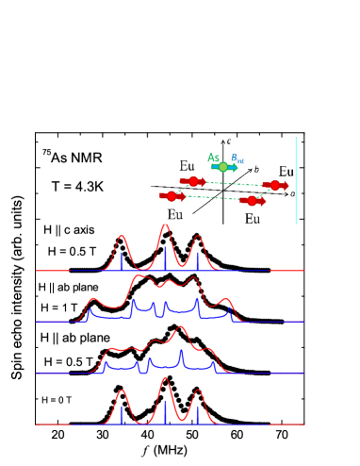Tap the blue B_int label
[239, 158]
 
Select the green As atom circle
[223, 167]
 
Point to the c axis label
[229, 141]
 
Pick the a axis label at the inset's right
[292, 193]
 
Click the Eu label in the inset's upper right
[286, 173]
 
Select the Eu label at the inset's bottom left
[174, 215]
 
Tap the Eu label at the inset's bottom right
[253, 219]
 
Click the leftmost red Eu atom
[171, 196]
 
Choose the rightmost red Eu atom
[274, 185]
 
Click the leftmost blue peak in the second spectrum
[90, 310]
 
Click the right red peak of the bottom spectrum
[197, 391]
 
